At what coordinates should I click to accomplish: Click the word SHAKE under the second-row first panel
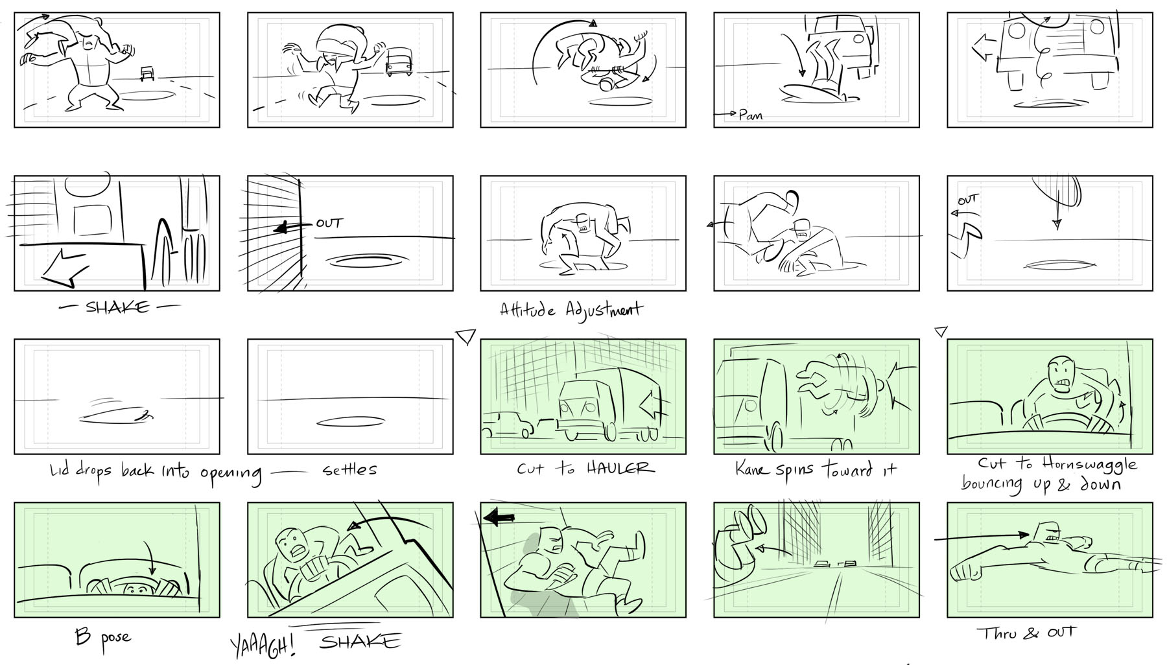coord(117,307)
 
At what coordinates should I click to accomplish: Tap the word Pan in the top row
coord(751,115)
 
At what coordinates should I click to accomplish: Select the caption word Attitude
coord(527,310)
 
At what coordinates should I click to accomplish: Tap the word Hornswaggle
coord(1090,465)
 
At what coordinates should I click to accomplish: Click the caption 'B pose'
coord(102,636)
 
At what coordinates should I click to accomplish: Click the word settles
coord(349,469)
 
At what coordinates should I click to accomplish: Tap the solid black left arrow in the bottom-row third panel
coord(499,518)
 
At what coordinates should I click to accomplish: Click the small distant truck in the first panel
coord(147,73)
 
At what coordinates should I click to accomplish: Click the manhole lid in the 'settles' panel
coord(350,422)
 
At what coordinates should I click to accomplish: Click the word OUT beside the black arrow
coord(329,223)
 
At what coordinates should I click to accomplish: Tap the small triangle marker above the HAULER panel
coord(466,336)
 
